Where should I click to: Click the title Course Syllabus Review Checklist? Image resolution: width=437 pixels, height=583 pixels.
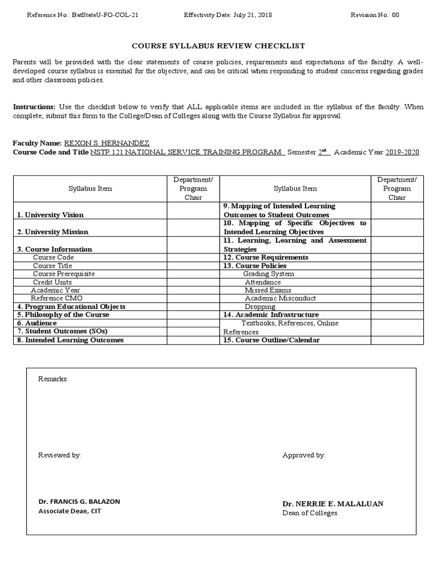pyautogui.click(x=218, y=46)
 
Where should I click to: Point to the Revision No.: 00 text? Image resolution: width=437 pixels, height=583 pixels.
pyautogui.click(x=375, y=15)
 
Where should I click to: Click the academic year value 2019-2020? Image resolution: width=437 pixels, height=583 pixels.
pyautogui.click(x=402, y=152)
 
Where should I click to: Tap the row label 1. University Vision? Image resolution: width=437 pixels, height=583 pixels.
pyautogui.click(x=50, y=215)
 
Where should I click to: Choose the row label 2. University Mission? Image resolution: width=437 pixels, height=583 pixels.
pyautogui.click(x=52, y=232)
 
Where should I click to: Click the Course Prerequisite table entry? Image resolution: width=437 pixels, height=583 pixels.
pyautogui.click(x=64, y=274)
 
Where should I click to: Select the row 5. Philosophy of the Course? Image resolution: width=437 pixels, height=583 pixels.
pyautogui.click(x=63, y=315)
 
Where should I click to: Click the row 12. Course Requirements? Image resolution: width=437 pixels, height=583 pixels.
pyautogui.click(x=266, y=257)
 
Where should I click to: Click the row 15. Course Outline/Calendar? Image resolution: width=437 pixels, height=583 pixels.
pyautogui.click(x=271, y=340)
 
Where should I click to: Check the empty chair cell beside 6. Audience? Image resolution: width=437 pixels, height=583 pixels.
pyautogui.click(x=193, y=323)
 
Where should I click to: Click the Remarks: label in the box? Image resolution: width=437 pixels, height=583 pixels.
pyautogui.click(x=53, y=379)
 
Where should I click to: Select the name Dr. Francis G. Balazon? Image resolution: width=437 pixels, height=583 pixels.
pyautogui.click(x=79, y=502)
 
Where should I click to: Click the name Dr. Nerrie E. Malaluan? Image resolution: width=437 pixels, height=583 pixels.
pyautogui.click(x=332, y=504)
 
